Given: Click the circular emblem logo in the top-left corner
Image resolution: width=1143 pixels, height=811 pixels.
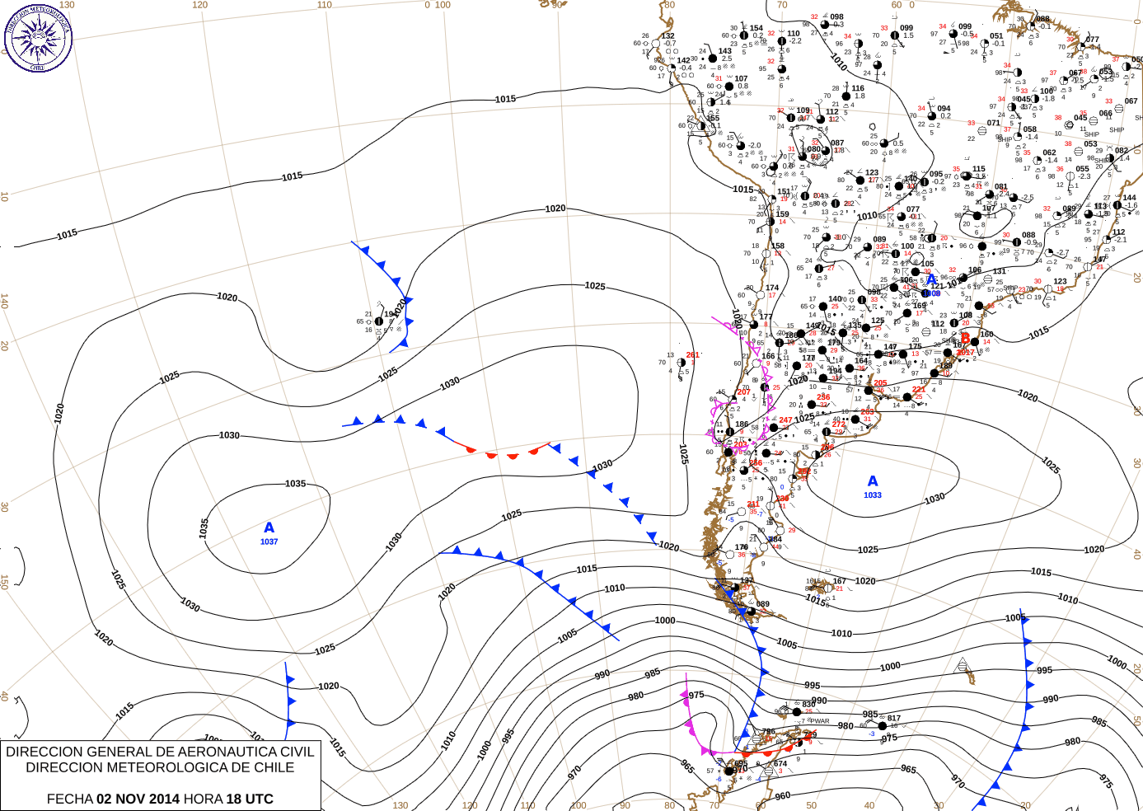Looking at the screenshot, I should [x=38, y=37].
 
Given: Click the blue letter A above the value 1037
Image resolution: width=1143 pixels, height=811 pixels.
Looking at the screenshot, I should [x=269, y=527].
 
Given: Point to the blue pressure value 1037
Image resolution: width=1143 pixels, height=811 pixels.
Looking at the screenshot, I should [x=269, y=541].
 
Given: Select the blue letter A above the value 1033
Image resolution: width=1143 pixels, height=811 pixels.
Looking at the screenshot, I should [x=873, y=481].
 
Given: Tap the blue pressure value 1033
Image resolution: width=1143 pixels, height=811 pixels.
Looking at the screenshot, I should [x=873, y=495].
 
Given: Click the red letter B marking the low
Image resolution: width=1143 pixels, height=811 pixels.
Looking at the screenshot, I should [x=965, y=338].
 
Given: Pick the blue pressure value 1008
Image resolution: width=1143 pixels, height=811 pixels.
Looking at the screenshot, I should [x=931, y=293].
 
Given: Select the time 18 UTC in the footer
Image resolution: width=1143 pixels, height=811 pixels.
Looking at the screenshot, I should [x=247, y=799].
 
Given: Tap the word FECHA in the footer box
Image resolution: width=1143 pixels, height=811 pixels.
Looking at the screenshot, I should [x=69, y=799].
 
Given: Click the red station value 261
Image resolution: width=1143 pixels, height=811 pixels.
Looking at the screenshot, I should [x=693, y=355].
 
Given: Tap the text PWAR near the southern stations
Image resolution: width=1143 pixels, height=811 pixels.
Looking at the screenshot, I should [x=820, y=721].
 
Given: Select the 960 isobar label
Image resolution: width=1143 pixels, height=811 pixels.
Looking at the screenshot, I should [x=782, y=796].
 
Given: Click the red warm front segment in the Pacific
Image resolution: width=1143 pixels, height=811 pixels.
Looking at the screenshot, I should [x=503, y=452].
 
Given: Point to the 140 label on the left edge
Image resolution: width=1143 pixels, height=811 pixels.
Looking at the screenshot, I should [x=5, y=303].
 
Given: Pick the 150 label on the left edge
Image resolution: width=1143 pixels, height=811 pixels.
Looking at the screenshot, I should [x=5, y=582].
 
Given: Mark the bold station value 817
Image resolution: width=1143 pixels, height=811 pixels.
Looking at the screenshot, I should [x=894, y=719].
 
